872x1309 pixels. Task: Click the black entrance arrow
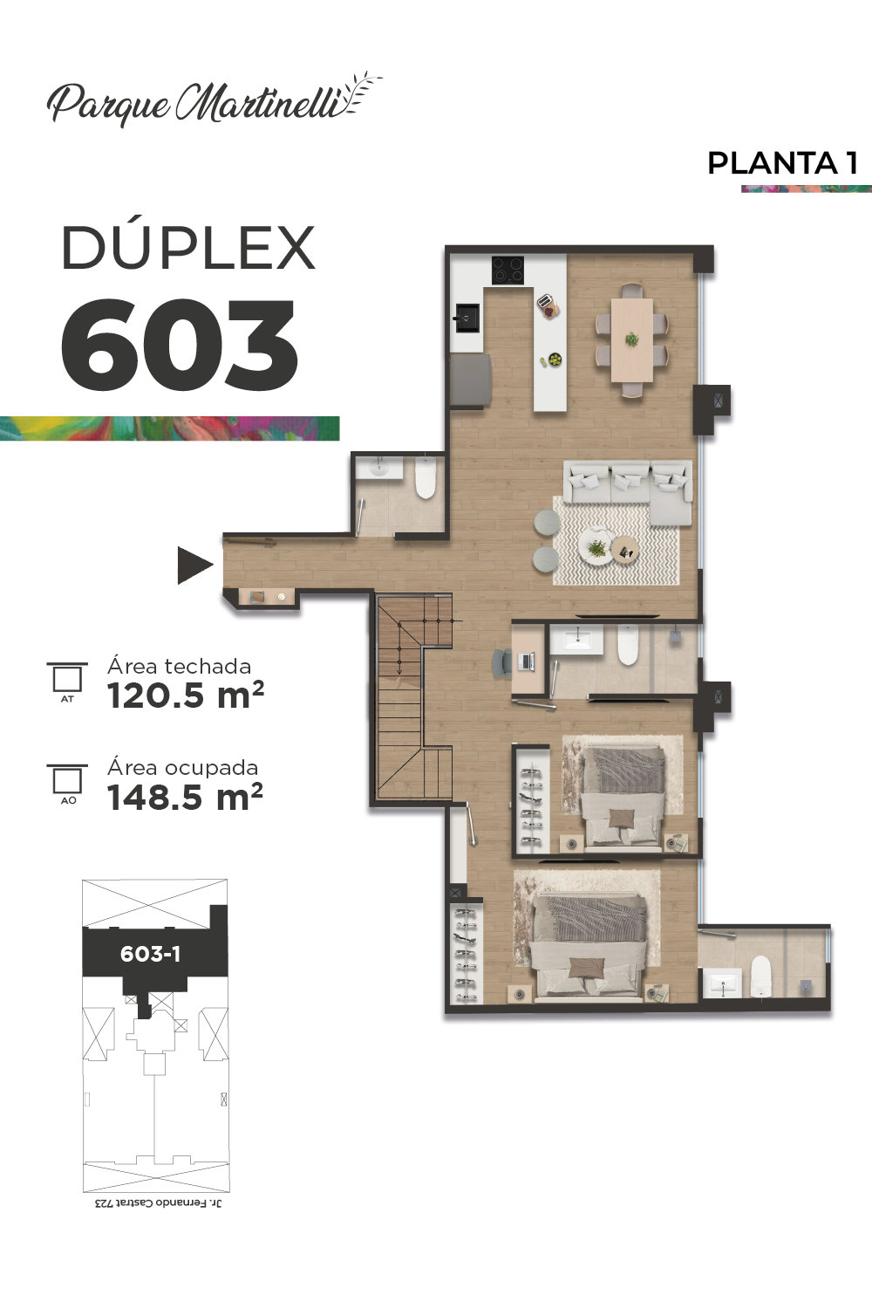(x=194, y=565)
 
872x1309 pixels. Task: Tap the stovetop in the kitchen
(x=508, y=271)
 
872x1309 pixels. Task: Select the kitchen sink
(x=467, y=318)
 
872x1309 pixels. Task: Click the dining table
(x=632, y=339)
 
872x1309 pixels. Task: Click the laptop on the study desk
(x=527, y=661)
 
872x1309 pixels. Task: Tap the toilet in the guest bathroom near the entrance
(x=426, y=478)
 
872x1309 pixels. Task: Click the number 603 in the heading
(x=180, y=344)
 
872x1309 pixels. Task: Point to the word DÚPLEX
(x=188, y=248)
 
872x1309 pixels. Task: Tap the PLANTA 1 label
(x=783, y=163)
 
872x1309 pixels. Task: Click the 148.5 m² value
(x=185, y=797)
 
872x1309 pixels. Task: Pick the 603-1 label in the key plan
(x=150, y=954)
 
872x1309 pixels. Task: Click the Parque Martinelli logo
(x=213, y=99)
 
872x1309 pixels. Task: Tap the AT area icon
(x=67, y=682)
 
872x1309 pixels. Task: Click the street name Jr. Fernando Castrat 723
(x=159, y=1203)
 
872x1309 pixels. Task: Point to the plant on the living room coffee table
(x=597, y=548)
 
